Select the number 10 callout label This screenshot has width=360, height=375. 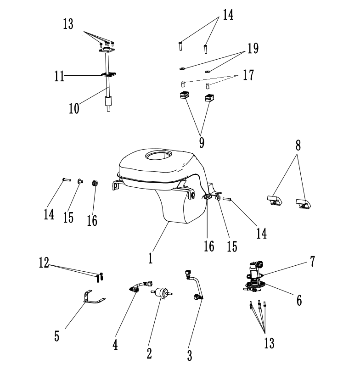click(x=74, y=108)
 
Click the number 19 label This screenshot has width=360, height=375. click(x=252, y=48)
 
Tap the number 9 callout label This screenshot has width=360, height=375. click(x=201, y=142)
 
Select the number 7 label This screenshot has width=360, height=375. click(x=312, y=262)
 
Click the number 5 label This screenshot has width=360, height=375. click(x=56, y=336)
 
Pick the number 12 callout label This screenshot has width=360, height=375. click(x=45, y=263)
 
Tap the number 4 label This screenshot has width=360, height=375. click(x=115, y=344)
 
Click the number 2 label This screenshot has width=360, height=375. click(x=149, y=353)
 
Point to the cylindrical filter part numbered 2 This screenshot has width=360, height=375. click(x=161, y=292)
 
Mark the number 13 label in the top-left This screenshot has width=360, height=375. click(x=68, y=24)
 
